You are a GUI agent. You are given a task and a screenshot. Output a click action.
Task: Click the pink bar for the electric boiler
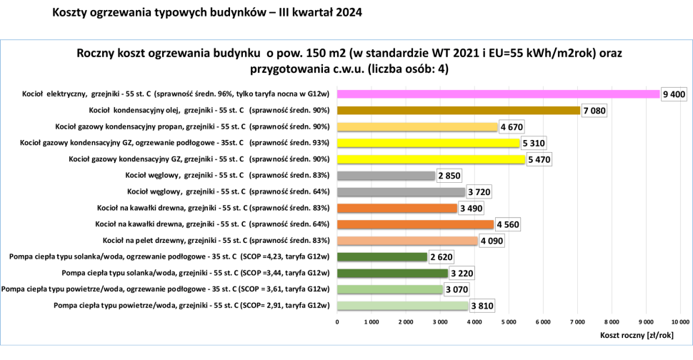coord(498,94)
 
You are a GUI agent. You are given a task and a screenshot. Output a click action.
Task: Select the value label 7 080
coord(594,111)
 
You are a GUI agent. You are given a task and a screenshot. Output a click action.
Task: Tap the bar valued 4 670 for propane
coord(417,126)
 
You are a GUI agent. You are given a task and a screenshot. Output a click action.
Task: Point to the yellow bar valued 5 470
coord(431,159)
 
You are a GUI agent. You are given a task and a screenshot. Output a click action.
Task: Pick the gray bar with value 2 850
coord(386,176)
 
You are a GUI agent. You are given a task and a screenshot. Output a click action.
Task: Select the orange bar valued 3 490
coord(397,209)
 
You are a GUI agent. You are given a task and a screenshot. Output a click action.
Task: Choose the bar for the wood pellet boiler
coord(407,241)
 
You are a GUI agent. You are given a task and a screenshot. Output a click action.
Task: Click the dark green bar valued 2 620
coord(382,257)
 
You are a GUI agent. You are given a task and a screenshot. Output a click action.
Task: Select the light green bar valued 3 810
coord(402,306)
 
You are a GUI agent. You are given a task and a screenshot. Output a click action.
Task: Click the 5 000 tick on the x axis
coord(508,322)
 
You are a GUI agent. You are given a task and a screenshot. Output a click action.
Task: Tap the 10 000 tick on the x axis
coord(679,322)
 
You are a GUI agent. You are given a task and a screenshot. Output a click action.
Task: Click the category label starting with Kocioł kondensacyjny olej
coord(209,111)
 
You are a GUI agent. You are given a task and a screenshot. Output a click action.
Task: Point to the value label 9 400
coord(674,94)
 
